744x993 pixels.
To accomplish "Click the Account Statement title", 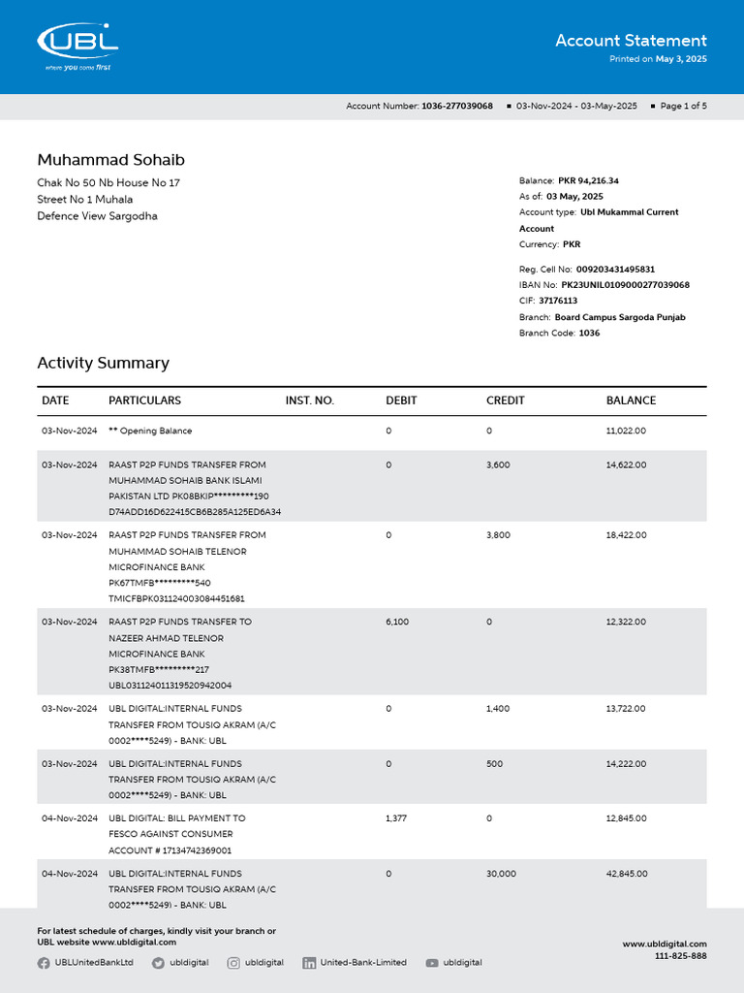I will [x=631, y=41].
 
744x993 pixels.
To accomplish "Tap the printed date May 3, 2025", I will [x=682, y=59].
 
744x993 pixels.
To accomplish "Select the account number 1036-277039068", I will [x=457, y=106].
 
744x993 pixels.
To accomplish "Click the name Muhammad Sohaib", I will [x=110, y=160].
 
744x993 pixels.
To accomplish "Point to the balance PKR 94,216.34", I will [x=588, y=180].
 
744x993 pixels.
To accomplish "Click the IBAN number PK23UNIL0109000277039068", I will [x=625, y=285].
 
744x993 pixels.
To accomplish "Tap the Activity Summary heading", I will [x=103, y=363].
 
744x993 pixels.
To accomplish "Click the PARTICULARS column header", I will [x=144, y=400].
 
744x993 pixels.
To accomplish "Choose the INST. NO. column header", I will [x=309, y=400].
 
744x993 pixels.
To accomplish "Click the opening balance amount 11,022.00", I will [x=626, y=431].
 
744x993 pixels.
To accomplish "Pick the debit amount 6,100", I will [x=397, y=622].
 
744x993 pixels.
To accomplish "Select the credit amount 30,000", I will [x=501, y=874].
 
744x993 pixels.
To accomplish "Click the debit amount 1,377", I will [x=397, y=818].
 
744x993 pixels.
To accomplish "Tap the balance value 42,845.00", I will [x=626, y=874].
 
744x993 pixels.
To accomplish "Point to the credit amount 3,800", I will [x=499, y=535].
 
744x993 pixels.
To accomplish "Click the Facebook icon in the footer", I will [x=44, y=963].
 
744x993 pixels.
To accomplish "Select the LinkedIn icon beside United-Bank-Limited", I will [x=309, y=963].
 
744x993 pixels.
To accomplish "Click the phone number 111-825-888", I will [x=680, y=956].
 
